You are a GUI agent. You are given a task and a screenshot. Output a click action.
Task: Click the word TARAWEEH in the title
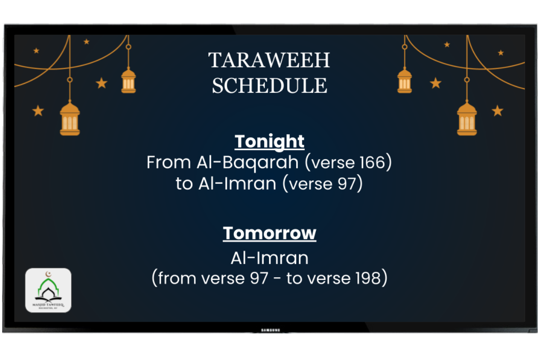tap(269, 60)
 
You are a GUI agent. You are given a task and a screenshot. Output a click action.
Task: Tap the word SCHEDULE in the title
tap(270, 85)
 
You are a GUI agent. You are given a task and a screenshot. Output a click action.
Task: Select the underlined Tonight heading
tap(270, 142)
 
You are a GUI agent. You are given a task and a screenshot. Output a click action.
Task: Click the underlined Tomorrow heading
tap(270, 233)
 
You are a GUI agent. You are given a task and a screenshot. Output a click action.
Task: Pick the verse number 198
tap(368, 278)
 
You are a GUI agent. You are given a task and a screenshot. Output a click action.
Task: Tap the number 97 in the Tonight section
tap(347, 184)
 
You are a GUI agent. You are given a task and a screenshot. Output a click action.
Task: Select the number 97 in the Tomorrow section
tap(259, 278)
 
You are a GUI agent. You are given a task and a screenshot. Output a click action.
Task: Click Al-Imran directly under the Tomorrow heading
tap(270, 258)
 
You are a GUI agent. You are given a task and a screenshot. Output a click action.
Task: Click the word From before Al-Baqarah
tap(169, 162)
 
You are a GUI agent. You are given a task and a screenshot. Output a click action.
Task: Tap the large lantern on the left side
tap(70, 118)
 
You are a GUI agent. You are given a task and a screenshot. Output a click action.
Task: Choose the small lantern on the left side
tap(129, 81)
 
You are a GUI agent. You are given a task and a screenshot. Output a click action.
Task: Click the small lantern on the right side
tap(405, 81)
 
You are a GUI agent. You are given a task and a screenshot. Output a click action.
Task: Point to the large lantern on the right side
tap(467, 118)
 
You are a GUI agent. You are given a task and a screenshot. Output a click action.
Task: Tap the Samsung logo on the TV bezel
tap(270, 330)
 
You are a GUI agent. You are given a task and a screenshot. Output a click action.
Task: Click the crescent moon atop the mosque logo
tap(49, 274)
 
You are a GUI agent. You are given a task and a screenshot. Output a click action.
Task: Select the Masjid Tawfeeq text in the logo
tap(48, 305)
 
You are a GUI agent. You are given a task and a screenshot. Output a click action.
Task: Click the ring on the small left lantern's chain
tap(129, 47)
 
